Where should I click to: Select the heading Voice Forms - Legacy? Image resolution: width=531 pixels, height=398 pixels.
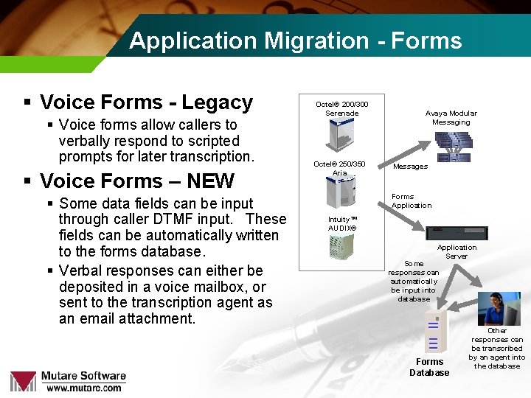coord(146,102)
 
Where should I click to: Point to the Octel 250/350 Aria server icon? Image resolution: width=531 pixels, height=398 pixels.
coord(339,193)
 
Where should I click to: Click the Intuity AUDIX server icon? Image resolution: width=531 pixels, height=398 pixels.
coord(341,252)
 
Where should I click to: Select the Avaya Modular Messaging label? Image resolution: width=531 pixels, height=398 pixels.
coord(451,118)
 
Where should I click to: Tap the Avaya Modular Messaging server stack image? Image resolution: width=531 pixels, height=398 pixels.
coord(452,146)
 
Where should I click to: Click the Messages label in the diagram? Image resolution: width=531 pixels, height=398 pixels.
coord(410,167)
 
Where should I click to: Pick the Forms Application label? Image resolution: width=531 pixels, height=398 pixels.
coord(412,201)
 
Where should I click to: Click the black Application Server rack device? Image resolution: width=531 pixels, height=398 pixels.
coord(457,234)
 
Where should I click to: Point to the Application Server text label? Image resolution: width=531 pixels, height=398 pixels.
coord(457,252)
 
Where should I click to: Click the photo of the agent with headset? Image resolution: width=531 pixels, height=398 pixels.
coord(498,308)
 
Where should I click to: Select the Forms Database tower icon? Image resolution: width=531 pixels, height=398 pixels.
coord(431,332)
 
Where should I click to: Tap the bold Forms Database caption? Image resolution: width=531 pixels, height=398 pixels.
coord(429,367)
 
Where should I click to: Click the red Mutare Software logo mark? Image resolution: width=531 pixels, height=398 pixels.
coord(23,380)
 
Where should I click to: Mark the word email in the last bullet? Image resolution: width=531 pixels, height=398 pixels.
coord(108,318)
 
